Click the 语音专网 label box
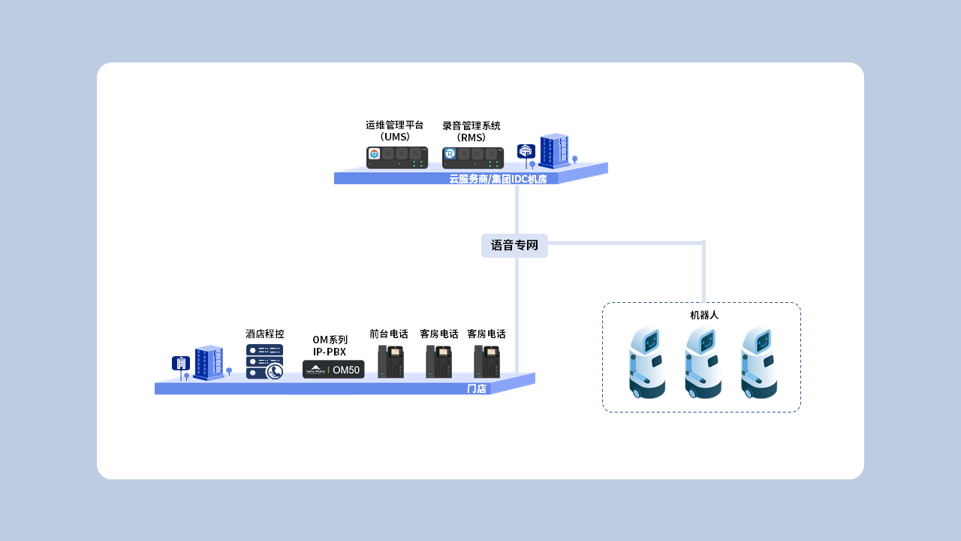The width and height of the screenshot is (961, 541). pos(514,246)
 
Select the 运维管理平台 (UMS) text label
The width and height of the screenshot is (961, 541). pos(395,131)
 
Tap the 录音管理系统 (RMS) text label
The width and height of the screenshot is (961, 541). pos(471,131)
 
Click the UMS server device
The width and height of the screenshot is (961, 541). pos(397,158)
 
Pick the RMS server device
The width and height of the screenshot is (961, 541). pos(472,158)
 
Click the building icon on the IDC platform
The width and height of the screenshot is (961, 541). pos(554,150)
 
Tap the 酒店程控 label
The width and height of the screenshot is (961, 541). pos(265,334)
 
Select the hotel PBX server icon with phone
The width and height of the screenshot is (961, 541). pos(265,361)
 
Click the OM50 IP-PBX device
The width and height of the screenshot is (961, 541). pos(333,370)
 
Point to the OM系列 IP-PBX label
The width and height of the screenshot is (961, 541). pos(330,346)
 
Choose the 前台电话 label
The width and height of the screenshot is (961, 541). pos(389,334)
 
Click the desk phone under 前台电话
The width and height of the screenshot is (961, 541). pos(390,361)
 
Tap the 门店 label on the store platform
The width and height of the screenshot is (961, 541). pos(477,388)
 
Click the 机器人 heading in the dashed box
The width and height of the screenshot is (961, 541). pos(704,315)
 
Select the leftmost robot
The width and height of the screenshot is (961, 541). pos(646,362)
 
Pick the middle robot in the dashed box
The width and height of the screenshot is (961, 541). pos(703,362)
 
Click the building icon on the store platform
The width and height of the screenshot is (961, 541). pos(209,362)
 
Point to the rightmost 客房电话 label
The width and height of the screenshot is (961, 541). pos(487,334)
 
